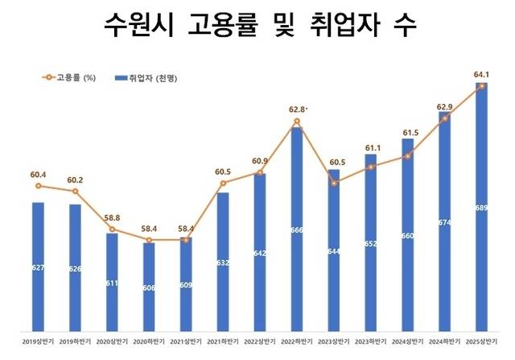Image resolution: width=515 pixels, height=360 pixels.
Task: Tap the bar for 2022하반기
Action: [x=297, y=230]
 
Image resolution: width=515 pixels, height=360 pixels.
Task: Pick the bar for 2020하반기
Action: [x=149, y=286]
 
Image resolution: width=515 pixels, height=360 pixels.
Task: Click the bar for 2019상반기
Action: [x=38, y=266]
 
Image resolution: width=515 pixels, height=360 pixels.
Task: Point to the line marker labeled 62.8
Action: [x=297, y=122]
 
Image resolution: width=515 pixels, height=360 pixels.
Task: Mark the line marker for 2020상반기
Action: [x=112, y=230]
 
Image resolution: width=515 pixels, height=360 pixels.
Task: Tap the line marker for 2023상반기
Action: [x=334, y=183]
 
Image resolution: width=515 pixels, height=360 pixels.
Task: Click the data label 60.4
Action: [x=38, y=173]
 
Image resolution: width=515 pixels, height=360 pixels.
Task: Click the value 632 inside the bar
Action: [x=223, y=262]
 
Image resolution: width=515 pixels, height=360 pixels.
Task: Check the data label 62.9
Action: [x=445, y=106]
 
